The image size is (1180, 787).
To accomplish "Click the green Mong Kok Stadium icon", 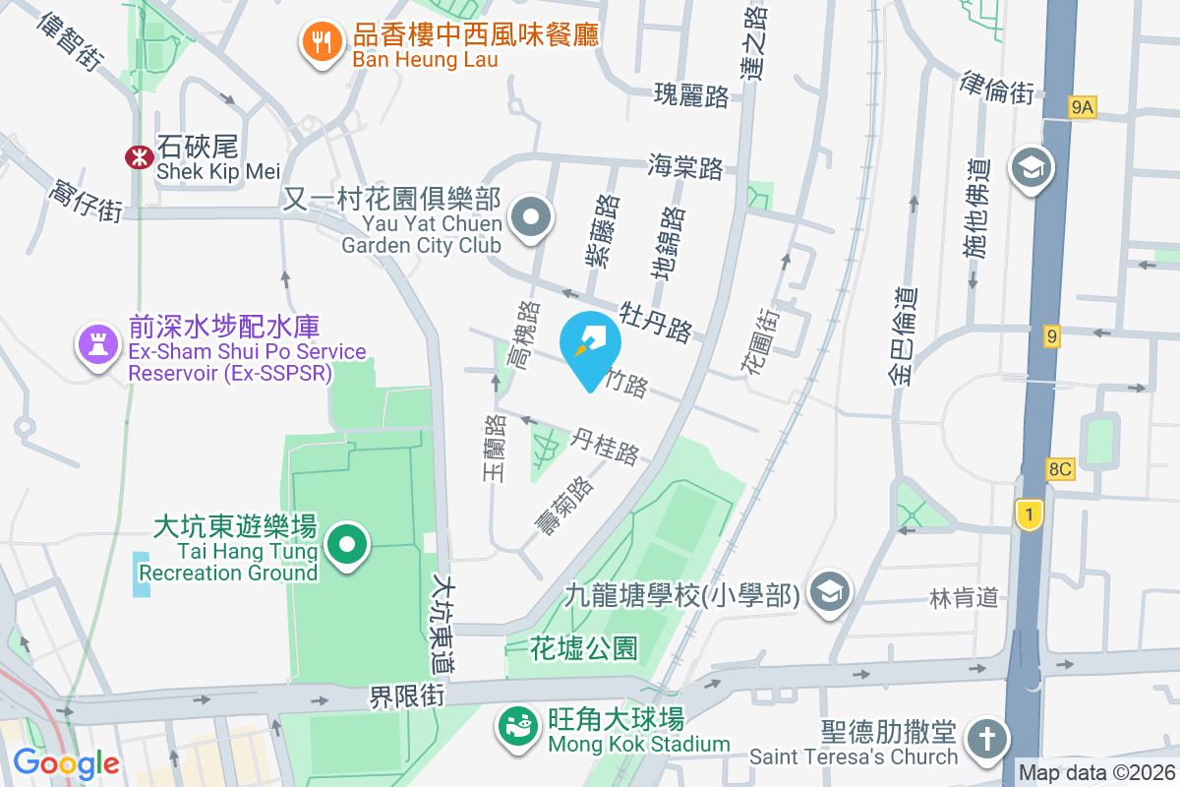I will pos(514,727).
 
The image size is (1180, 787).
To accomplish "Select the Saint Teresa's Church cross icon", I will pos(982,738).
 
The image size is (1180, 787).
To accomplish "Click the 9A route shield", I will pos(1082,107).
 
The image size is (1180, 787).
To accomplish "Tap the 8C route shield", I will pos(1059,469).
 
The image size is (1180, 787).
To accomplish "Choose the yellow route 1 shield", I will pos(1029,515).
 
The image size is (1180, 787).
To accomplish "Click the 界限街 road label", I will pos(408,696).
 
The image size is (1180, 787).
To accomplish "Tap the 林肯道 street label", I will pos(964,596).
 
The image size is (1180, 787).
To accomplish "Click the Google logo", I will pos(66,762).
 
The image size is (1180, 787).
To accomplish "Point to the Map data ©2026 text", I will pos(1095,773).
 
